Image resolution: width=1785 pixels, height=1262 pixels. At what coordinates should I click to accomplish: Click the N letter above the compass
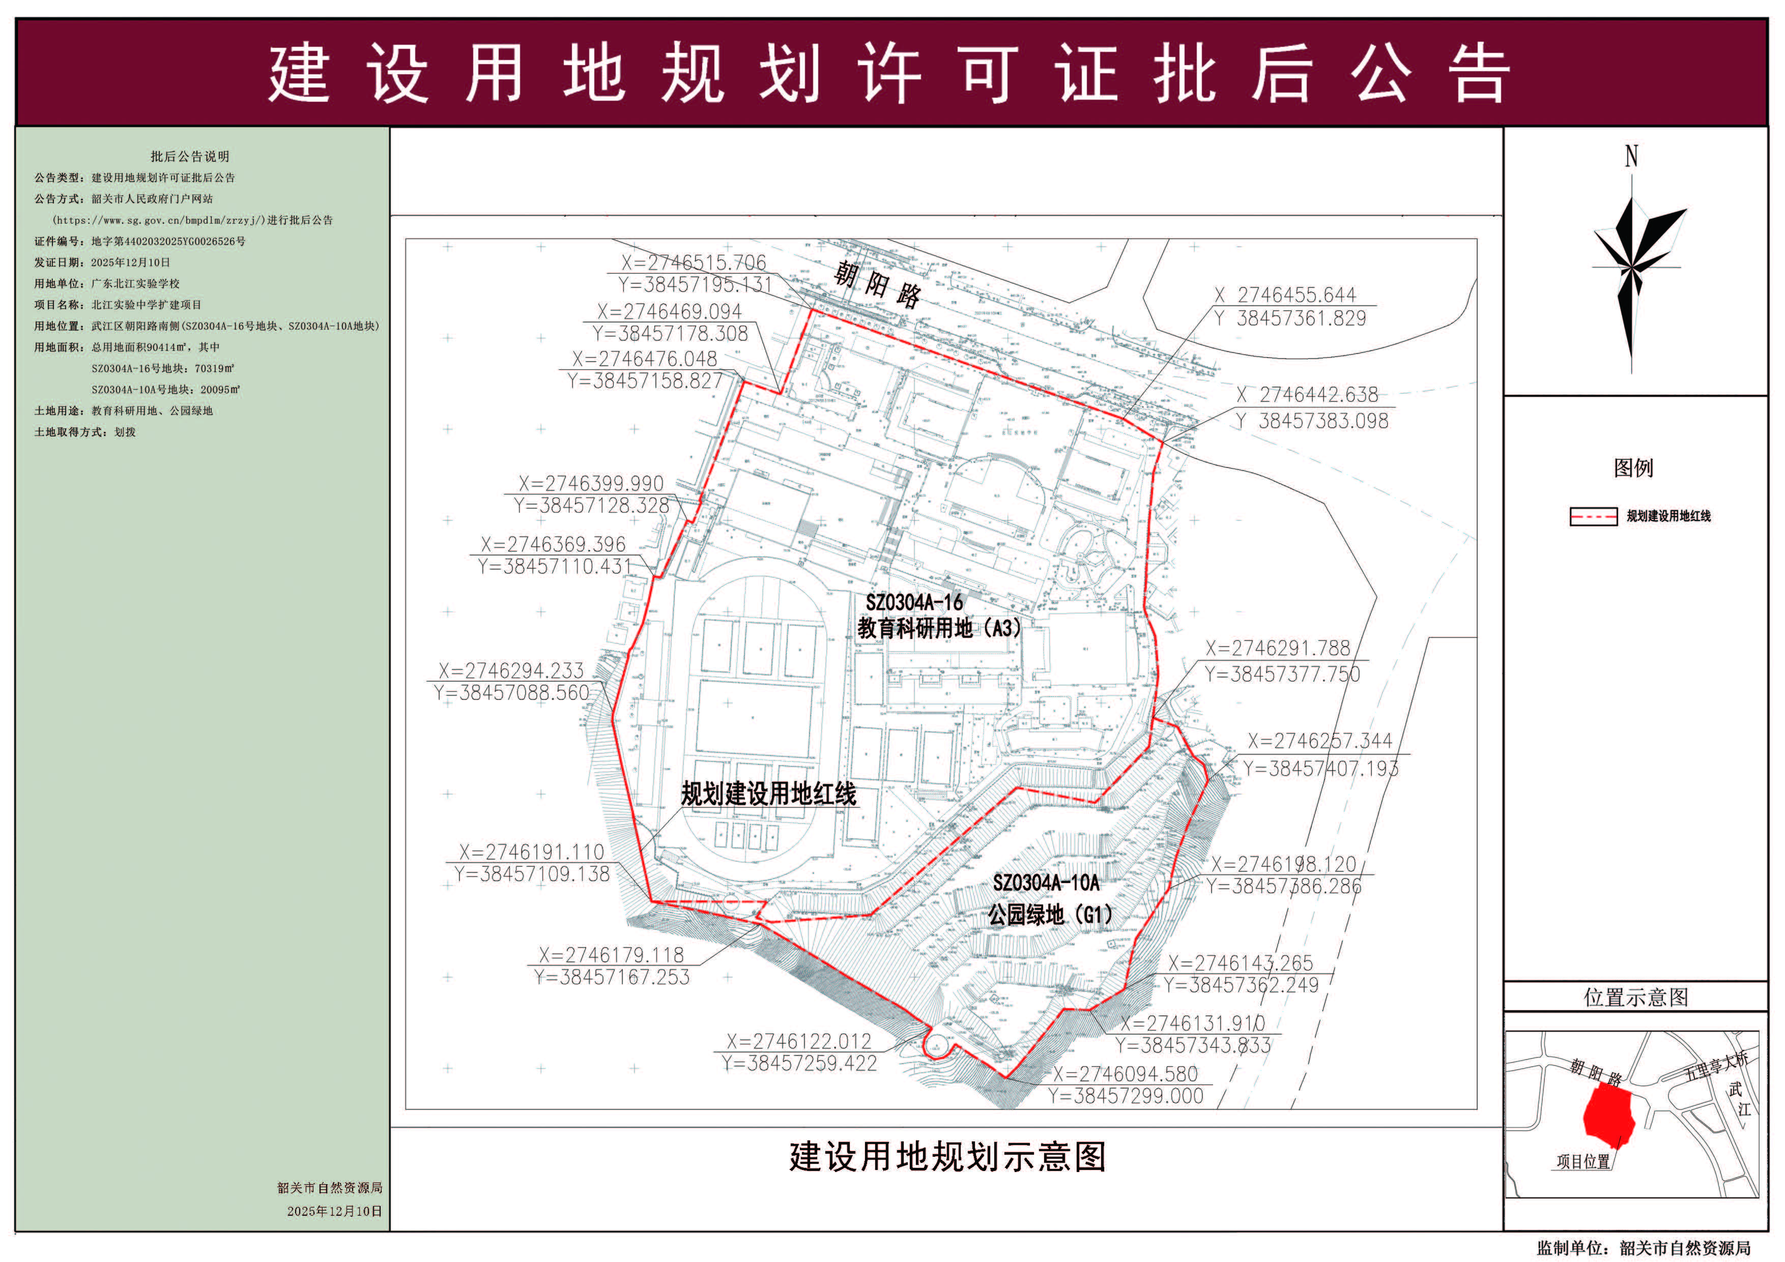point(1631,156)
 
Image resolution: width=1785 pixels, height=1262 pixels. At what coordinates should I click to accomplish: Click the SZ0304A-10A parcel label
point(1046,883)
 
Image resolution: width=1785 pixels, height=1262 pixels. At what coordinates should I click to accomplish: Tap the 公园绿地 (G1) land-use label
point(1050,915)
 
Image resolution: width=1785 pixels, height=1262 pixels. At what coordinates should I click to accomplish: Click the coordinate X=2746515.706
point(694,262)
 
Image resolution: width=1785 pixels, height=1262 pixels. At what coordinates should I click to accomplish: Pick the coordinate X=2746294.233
point(511,670)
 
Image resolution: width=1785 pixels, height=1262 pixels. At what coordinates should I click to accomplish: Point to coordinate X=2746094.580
point(1125,1074)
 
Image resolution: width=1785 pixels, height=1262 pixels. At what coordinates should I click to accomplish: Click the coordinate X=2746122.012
point(798,1041)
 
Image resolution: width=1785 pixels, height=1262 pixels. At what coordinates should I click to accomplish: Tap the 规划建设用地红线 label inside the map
point(768,794)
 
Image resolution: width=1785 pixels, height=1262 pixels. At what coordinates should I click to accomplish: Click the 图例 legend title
point(1633,468)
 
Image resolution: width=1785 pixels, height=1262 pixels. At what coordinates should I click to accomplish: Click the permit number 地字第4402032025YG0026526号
point(168,242)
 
